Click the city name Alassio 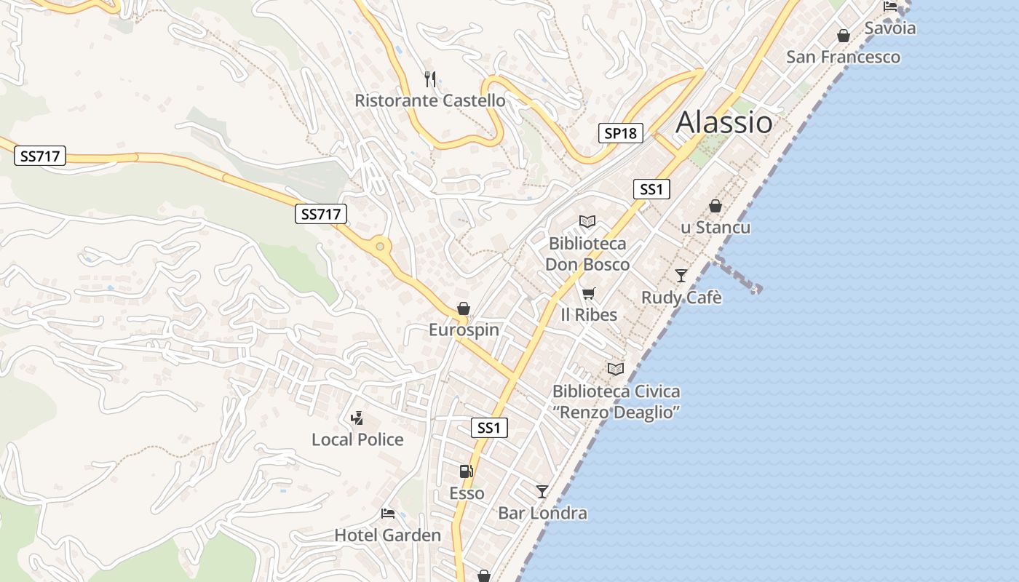coord(724,122)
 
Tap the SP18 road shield coord(621,133)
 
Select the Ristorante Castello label coord(429,100)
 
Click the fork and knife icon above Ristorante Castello coord(430,79)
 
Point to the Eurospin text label coord(464,330)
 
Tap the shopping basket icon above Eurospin coord(464,309)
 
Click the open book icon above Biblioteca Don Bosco coord(587,221)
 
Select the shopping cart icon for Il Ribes coord(589,293)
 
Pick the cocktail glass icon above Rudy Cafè coord(681,275)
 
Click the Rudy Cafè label coord(681,298)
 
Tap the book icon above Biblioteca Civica coord(616,369)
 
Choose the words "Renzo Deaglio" coord(616,412)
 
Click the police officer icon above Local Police coord(357,418)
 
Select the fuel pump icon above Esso coord(466,471)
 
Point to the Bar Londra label coord(542,513)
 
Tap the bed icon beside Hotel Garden coord(388,514)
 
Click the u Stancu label coord(715,228)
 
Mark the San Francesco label coord(843,57)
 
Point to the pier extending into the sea coord(738,274)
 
